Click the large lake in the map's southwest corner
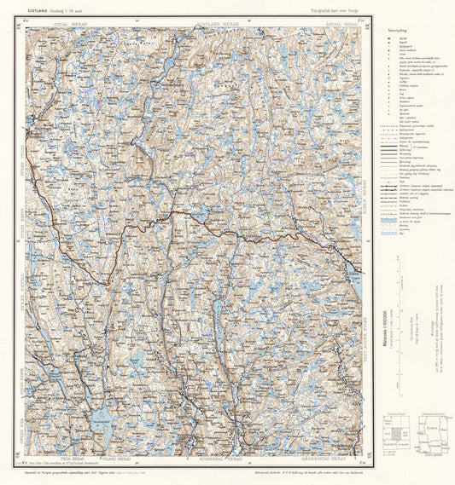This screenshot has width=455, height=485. click(102, 416)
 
